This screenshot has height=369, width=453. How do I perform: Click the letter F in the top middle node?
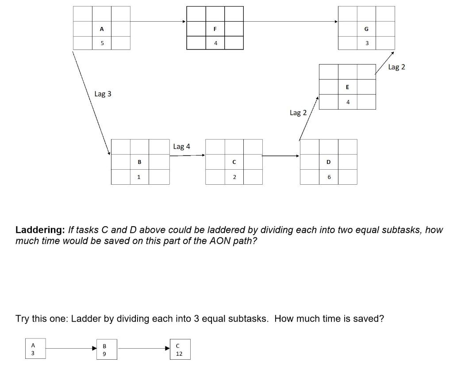click(x=215, y=29)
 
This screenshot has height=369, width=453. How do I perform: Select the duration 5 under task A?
click(x=102, y=43)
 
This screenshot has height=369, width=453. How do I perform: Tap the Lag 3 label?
click(x=103, y=94)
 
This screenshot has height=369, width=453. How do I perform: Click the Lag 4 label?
click(x=181, y=146)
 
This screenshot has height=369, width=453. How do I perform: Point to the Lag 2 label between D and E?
click(x=298, y=113)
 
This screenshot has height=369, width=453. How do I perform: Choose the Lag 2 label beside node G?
click(x=396, y=67)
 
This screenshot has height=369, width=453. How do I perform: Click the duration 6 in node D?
click(x=329, y=177)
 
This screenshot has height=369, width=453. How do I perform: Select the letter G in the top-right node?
click(x=366, y=29)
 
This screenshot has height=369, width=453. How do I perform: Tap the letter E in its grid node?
click(x=347, y=87)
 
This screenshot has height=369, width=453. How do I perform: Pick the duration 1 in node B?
click(x=139, y=177)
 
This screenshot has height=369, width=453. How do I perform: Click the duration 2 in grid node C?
click(x=234, y=177)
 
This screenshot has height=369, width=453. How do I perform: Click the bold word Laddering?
click(x=40, y=230)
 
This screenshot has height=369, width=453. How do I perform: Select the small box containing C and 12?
click(x=179, y=349)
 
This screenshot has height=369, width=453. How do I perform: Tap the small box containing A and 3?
click(x=32, y=349)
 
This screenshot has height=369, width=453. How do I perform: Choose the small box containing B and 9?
click(x=104, y=349)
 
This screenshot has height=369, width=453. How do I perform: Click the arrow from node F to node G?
click(x=290, y=21)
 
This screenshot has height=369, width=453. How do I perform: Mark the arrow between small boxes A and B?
click(x=71, y=349)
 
